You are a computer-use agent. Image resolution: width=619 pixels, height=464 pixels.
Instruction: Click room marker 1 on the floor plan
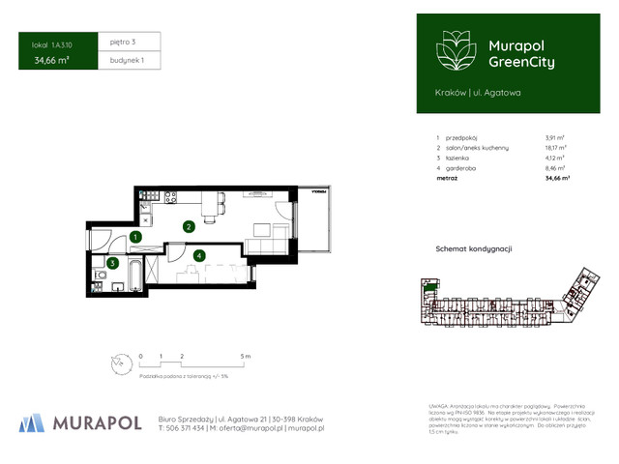pyautogui.click(x=136, y=237)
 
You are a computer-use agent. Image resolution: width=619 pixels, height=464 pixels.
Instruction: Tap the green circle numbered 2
pyautogui.click(x=190, y=227)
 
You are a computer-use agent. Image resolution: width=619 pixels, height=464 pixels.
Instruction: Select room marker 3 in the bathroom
pyautogui.click(x=113, y=262)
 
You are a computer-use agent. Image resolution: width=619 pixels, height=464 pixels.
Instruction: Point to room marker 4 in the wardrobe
pyautogui.click(x=198, y=255)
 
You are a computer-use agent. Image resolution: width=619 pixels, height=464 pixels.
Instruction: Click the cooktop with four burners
pyautogui.click(x=169, y=197)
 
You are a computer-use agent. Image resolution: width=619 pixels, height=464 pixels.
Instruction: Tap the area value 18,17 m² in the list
pyautogui.click(x=556, y=148)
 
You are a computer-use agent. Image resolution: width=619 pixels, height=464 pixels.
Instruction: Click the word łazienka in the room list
pyautogui.click(x=458, y=158)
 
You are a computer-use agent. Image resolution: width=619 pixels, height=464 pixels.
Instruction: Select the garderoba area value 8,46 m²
pyautogui.click(x=556, y=168)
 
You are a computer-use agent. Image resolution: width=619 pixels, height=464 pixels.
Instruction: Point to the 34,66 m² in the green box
pyautogui.click(x=51, y=60)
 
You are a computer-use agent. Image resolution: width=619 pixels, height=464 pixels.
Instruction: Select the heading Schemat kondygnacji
pyautogui.click(x=474, y=249)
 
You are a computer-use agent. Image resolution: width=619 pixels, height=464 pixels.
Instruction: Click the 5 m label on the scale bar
pyautogui.click(x=246, y=356)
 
